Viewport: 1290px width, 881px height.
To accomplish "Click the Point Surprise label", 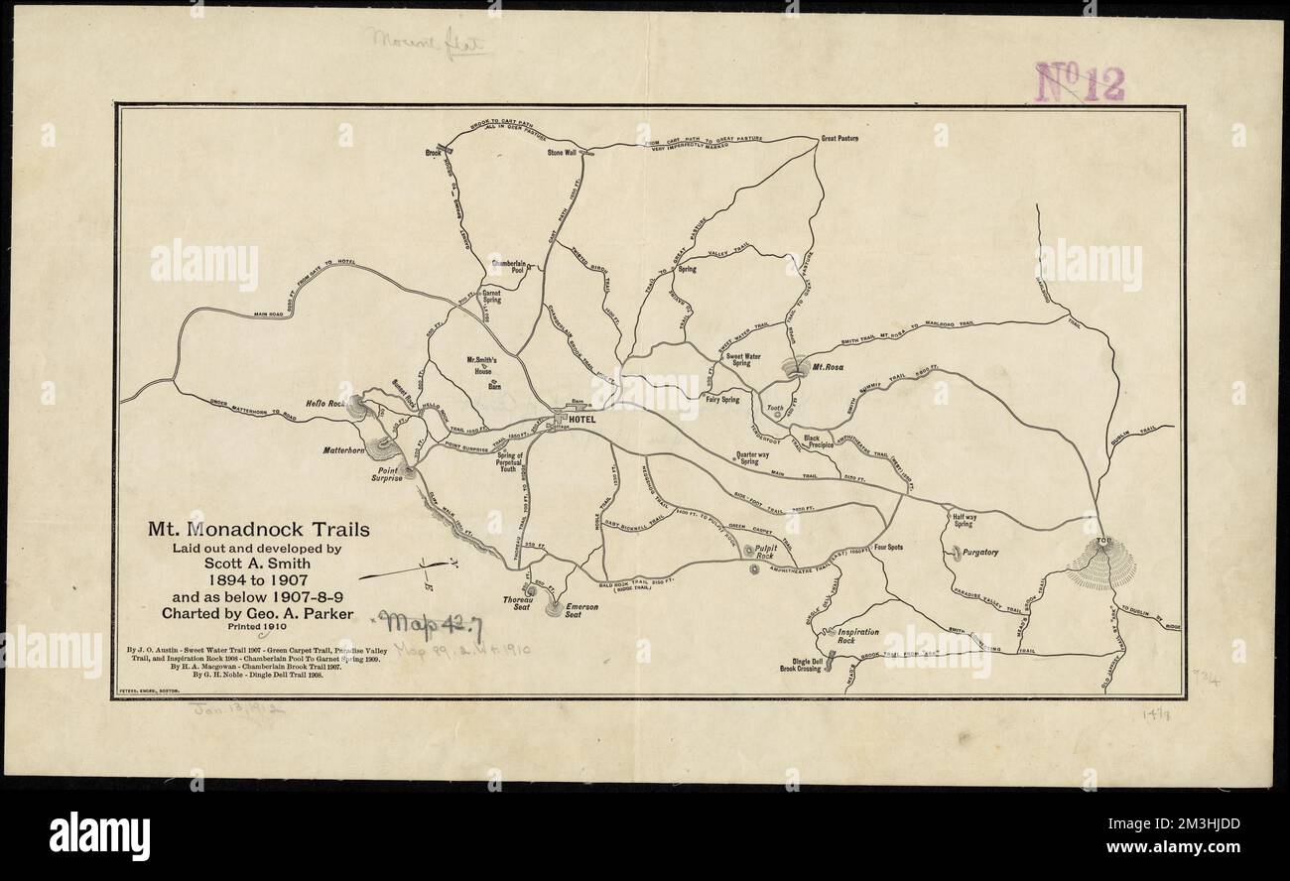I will point(388,472).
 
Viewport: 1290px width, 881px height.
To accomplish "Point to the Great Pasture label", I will point(838,138).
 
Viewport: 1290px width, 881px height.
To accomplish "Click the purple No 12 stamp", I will point(1080,82).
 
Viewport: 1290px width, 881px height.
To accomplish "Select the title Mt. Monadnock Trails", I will point(259,530).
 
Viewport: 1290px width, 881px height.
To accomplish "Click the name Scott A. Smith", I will point(260,565).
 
